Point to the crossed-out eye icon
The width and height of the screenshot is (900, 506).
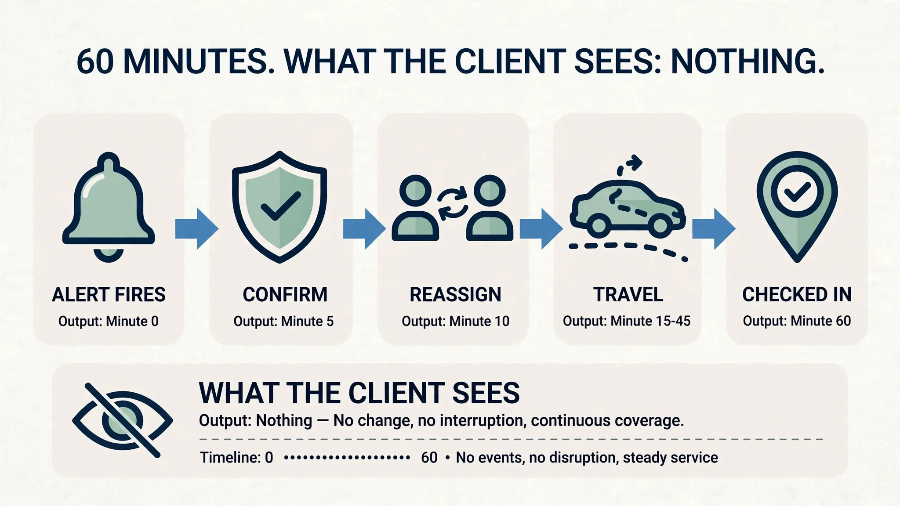click(x=122, y=420)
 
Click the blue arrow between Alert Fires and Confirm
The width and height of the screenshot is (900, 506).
click(x=196, y=229)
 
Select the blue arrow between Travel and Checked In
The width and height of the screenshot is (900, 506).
click(x=714, y=229)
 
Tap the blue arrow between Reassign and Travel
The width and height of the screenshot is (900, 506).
click(x=541, y=229)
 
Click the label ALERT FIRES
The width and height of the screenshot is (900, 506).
click(x=109, y=294)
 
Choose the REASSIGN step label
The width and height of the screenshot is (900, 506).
click(x=455, y=294)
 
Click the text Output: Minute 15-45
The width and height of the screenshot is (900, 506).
click(x=627, y=321)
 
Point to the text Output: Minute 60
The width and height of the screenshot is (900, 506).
click(x=797, y=321)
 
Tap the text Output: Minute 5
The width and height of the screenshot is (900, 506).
click(x=283, y=321)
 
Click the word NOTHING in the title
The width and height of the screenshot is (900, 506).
click(x=748, y=61)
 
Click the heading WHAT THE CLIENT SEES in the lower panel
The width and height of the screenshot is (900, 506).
click(x=359, y=393)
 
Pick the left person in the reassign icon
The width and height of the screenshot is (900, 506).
click(x=415, y=208)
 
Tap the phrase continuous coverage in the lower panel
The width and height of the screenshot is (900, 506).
click(x=607, y=421)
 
